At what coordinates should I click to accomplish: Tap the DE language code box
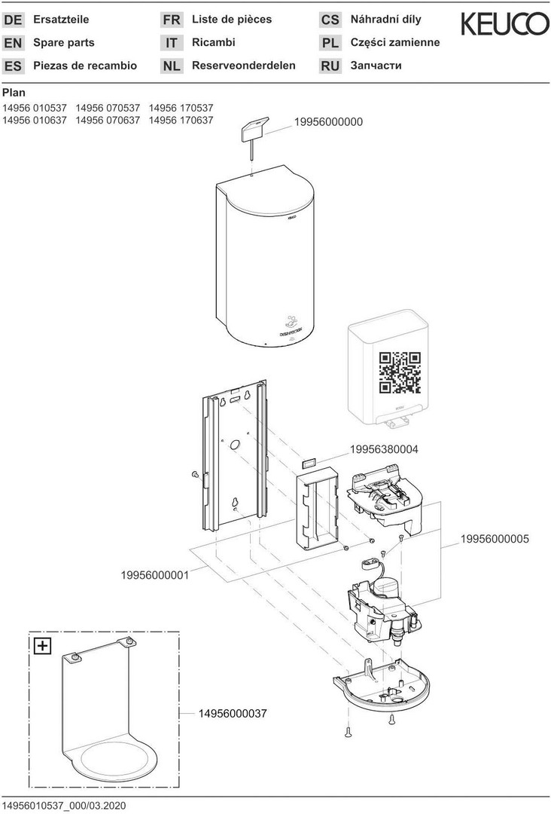[x=14, y=20]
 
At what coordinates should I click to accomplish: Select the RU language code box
[x=330, y=66]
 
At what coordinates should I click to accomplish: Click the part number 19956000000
[x=328, y=121]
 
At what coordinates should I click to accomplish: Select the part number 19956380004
[x=384, y=449]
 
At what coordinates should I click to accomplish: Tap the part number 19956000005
[x=495, y=539]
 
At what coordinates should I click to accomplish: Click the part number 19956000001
[x=154, y=575]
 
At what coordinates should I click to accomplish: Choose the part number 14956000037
[x=233, y=712]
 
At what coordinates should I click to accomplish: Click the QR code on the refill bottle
[x=399, y=372]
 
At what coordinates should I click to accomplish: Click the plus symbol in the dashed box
[x=42, y=645]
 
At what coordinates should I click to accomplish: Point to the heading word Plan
[x=14, y=93]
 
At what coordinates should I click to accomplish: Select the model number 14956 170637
[x=181, y=120]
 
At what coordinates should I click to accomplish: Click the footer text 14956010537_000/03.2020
[x=64, y=805]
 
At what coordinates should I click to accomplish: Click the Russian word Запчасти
[x=376, y=66]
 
